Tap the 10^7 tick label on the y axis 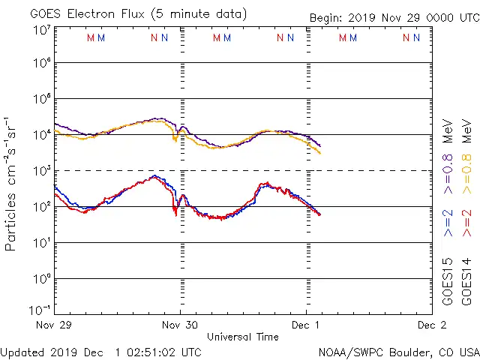[x=41, y=30]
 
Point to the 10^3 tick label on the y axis [x=41, y=171]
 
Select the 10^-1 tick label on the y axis [x=41, y=310]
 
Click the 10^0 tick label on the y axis [x=41, y=279]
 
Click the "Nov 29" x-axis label [x=53, y=325]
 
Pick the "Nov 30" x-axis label [x=180, y=325]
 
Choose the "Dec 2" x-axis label [x=432, y=325]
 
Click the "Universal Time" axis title [x=243, y=337]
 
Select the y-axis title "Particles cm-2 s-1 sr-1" [x=12, y=184]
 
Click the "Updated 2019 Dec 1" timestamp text [x=100, y=352]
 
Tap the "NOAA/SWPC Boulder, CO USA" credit [x=398, y=352]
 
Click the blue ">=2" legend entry [x=448, y=223]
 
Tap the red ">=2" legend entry [x=466, y=223]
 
